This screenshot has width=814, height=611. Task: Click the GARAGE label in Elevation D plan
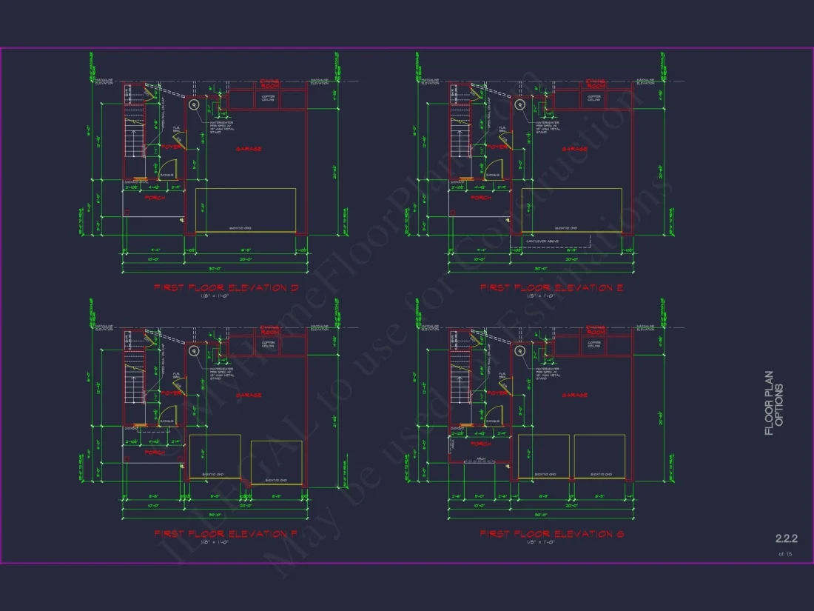click(x=249, y=149)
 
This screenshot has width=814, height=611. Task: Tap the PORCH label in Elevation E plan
click(x=481, y=198)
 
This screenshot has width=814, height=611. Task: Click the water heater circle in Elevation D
click(x=195, y=105)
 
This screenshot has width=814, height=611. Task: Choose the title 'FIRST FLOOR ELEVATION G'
click(x=552, y=533)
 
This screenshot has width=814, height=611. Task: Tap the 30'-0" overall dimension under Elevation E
click(x=541, y=268)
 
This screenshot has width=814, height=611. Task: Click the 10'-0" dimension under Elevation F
click(x=152, y=506)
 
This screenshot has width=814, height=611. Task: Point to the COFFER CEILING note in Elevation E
click(x=593, y=97)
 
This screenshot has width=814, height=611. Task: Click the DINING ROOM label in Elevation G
click(x=595, y=330)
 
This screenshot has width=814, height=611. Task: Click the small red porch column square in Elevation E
click(x=453, y=212)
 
